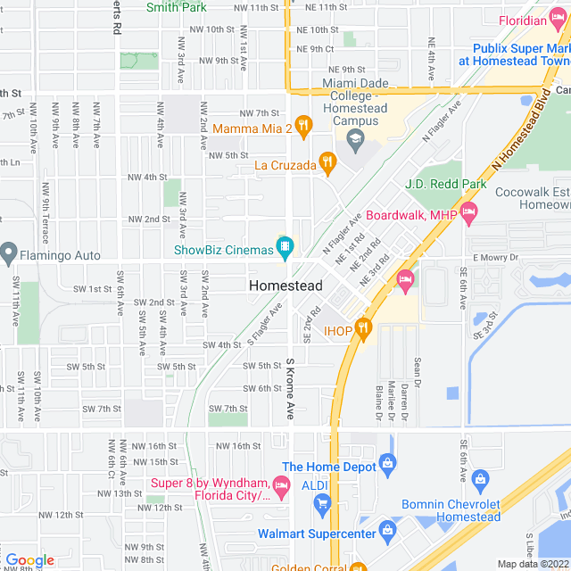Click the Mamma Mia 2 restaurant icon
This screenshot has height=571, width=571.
(303, 128)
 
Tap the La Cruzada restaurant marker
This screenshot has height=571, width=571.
(328, 163)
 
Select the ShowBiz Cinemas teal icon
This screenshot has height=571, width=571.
(285, 243)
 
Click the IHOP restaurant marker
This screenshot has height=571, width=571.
(362, 327)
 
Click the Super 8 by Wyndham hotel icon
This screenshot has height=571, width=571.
(282, 487)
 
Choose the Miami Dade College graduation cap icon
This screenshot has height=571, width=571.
(356, 138)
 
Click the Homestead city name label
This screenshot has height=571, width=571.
(285, 285)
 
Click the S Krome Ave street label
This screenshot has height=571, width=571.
(290, 390)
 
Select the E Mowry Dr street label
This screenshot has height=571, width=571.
(495, 257)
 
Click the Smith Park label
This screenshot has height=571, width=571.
(177, 7)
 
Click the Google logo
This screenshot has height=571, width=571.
(29, 559)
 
